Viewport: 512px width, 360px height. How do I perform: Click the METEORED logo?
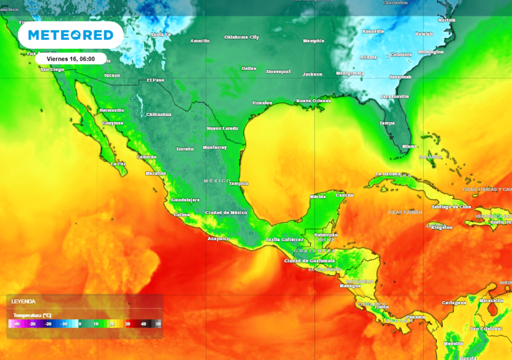[x=70, y=35]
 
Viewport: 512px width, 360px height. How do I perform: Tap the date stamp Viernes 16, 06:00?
[x=70, y=58]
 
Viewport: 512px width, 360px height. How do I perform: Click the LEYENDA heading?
[x=23, y=301]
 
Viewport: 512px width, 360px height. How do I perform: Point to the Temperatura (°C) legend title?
[x=32, y=315]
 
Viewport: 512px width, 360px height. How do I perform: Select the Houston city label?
[x=262, y=103]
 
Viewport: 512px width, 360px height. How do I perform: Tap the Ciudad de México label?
[x=226, y=212]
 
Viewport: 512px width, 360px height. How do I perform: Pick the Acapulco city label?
[x=218, y=238]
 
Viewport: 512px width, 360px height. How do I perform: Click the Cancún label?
[x=344, y=195]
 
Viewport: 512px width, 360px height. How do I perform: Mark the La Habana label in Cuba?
[x=385, y=174]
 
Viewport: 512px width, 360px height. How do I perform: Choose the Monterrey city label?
[x=214, y=147]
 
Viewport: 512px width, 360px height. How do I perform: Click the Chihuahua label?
[x=158, y=114]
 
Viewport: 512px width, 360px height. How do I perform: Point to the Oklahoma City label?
[x=241, y=37]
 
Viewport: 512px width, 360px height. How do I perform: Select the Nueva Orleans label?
[x=313, y=100]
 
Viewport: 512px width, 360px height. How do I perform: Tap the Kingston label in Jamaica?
[x=441, y=227]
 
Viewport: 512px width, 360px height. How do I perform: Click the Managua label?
[x=350, y=286]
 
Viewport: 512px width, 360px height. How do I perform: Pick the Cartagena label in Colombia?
[x=454, y=303]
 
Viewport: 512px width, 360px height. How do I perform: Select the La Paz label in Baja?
[x=118, y=163]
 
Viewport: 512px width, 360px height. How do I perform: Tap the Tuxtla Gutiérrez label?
[x=284, y=239]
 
